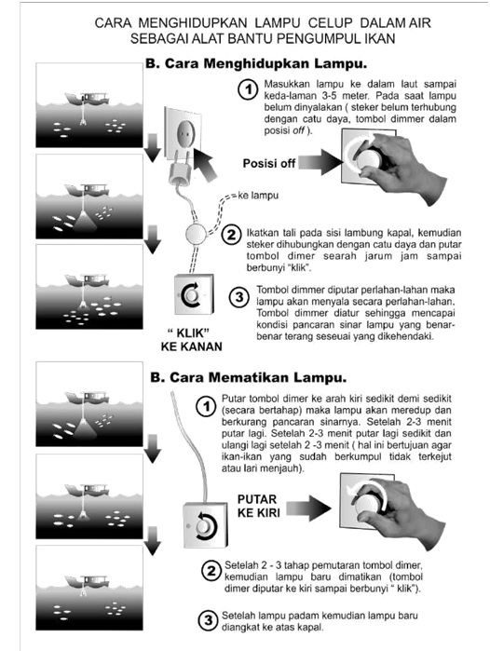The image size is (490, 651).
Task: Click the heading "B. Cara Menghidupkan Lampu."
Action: (256, 64)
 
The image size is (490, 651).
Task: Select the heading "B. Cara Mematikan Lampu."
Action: (249, 378)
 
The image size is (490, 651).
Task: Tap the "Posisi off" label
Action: (269, 163)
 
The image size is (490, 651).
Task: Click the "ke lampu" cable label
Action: (258, 196)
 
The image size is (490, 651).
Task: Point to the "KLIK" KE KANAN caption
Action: (191, 340)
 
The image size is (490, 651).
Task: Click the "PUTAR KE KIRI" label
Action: (258, 506)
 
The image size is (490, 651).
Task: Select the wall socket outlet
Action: (184, 133)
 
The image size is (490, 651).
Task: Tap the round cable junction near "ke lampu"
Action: (196, 235)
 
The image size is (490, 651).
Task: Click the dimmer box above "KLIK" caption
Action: (194, 294)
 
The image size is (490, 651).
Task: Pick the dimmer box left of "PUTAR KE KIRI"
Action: (206, 524)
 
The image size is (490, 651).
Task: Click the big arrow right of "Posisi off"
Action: (320, 162)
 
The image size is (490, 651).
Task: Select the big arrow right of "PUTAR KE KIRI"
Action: (308, 509)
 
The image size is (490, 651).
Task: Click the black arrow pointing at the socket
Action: (204, 164)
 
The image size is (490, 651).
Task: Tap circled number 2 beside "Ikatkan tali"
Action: (231, 235)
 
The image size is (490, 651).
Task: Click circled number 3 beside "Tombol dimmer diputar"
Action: (239, 297)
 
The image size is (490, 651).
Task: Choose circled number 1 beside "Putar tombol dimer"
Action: (206, 406)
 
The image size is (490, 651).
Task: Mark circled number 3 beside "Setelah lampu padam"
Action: (209, 620)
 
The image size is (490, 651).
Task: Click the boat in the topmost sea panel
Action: (88, 99)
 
